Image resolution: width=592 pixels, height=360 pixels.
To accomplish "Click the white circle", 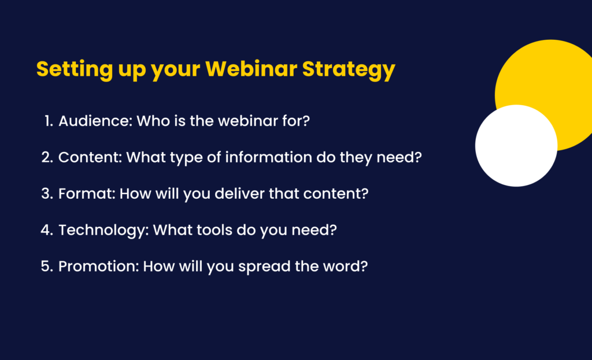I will (x=516, y=146).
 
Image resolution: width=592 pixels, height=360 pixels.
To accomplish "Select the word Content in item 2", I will (x=84, y=157).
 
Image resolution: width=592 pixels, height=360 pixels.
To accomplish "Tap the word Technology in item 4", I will (x=96, y=230).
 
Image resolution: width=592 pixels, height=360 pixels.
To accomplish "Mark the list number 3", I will (x=46, y=194).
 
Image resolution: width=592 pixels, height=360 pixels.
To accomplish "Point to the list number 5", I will (x=46, y=267).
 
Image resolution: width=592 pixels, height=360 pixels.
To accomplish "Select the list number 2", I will (x=46, y=157).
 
